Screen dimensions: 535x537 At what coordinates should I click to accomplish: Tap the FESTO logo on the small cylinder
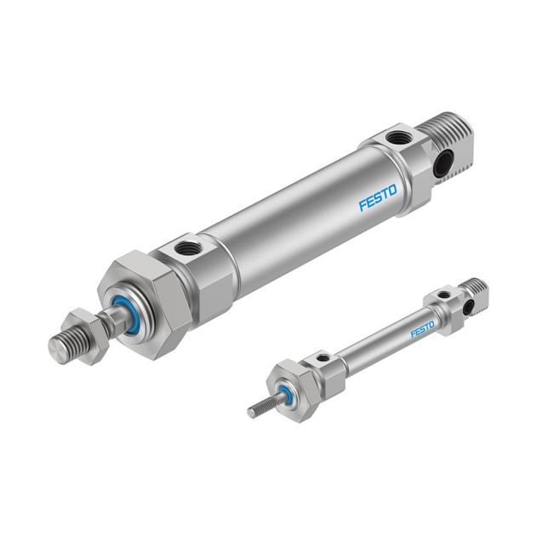pyautogui.click(x=422, y=328)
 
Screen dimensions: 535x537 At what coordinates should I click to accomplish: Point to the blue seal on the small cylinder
pyautogui.click(x=285, y=392)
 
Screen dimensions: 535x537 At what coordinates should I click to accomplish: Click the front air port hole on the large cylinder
pyautogui.click(x=189, y=250)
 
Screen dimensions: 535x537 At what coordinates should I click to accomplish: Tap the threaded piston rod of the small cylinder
pyautogui.click(x=261, y=407)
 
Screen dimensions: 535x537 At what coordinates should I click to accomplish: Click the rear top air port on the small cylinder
pyautogui.click(x=443, y=296)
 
